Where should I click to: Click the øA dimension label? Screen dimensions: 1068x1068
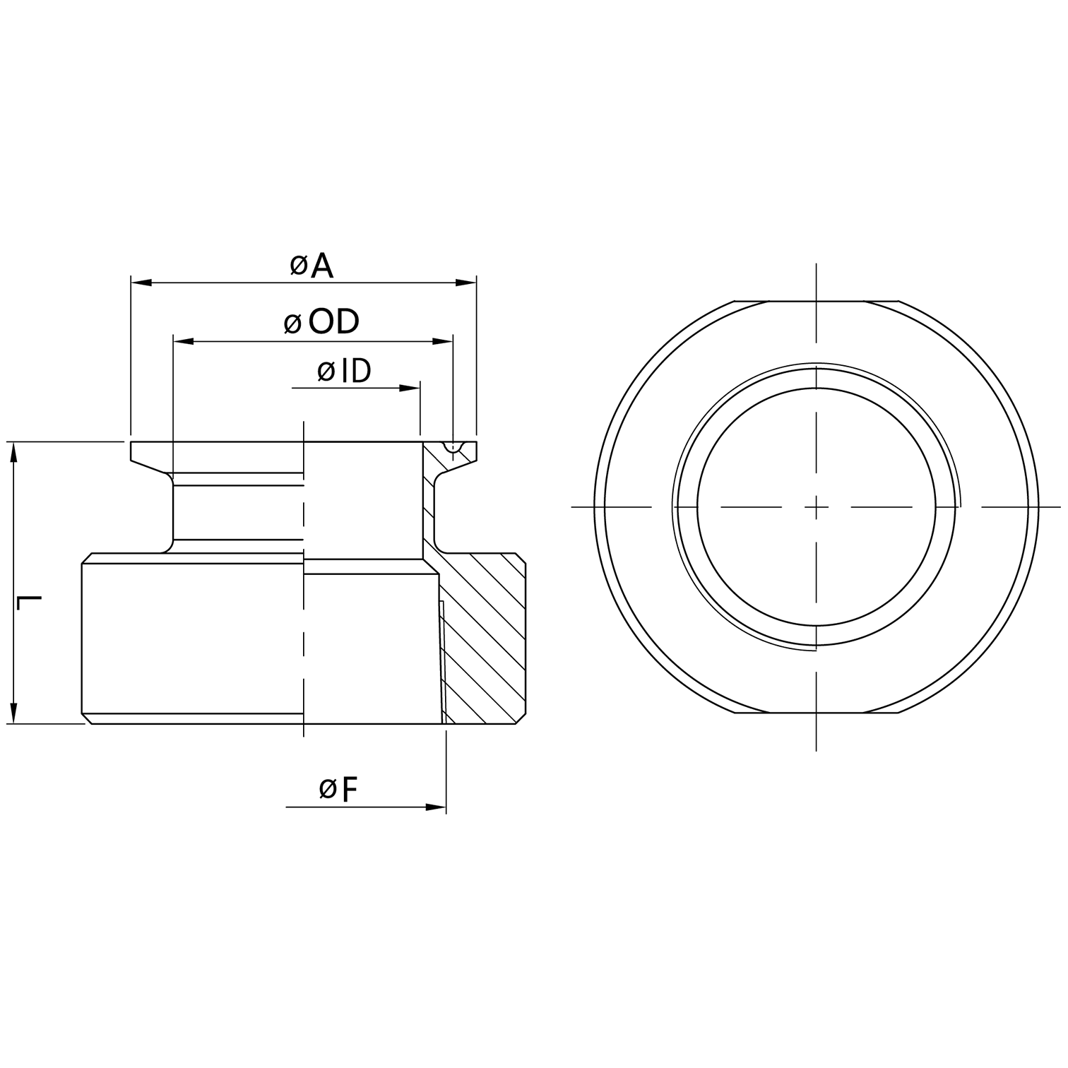(x=311, y=266)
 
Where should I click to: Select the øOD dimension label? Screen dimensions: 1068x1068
(x=321, y=322)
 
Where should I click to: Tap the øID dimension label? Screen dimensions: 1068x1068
(x=344, y=371)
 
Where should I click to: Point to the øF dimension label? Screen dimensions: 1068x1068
(x=338, y=789)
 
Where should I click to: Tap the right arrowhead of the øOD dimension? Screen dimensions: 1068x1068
(x=443, y=342)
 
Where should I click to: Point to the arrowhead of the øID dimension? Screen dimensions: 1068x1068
(x=410, y=388)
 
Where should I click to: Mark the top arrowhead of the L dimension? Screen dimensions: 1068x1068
(x=13, y=452)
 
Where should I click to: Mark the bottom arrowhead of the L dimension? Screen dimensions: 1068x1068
(x=13, y=713)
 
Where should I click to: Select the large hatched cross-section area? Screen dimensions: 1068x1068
(x=484, y=636)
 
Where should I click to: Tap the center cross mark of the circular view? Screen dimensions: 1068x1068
(x=817, y=506)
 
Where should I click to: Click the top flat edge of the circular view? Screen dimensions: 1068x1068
(x=817, y=302)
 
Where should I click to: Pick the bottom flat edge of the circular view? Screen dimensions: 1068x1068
(x=817, y=712)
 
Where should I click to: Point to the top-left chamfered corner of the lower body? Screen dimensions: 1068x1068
(x=87, y=558)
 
